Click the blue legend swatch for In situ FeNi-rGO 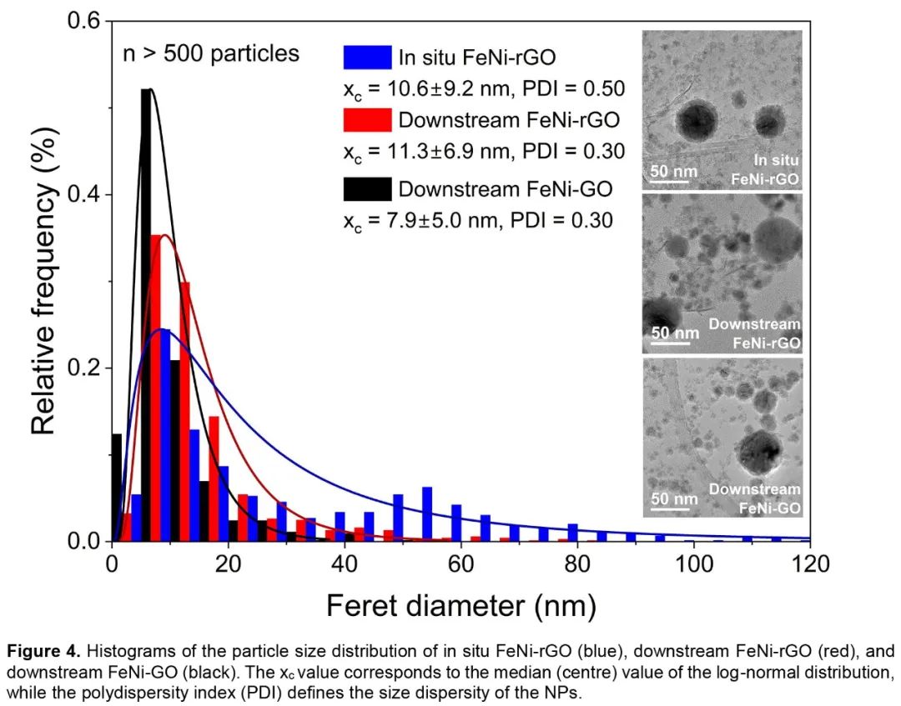coord(367,57)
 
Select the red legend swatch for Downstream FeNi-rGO coord(367,120)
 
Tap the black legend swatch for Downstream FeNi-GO coord(367,189)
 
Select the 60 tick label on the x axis coord(461,565)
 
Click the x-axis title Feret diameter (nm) coord(461,603)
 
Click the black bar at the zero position coord(117,488)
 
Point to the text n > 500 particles coord(210,54)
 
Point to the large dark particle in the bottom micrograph coord(761,451)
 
